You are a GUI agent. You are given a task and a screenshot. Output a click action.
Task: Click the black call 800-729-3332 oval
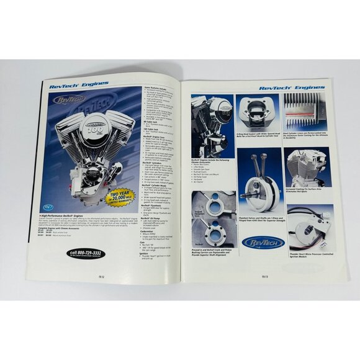pyautogui.click(x=86, y=253)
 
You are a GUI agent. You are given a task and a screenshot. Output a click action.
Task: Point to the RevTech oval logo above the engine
pyautogui.click(x=70, y=99)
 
